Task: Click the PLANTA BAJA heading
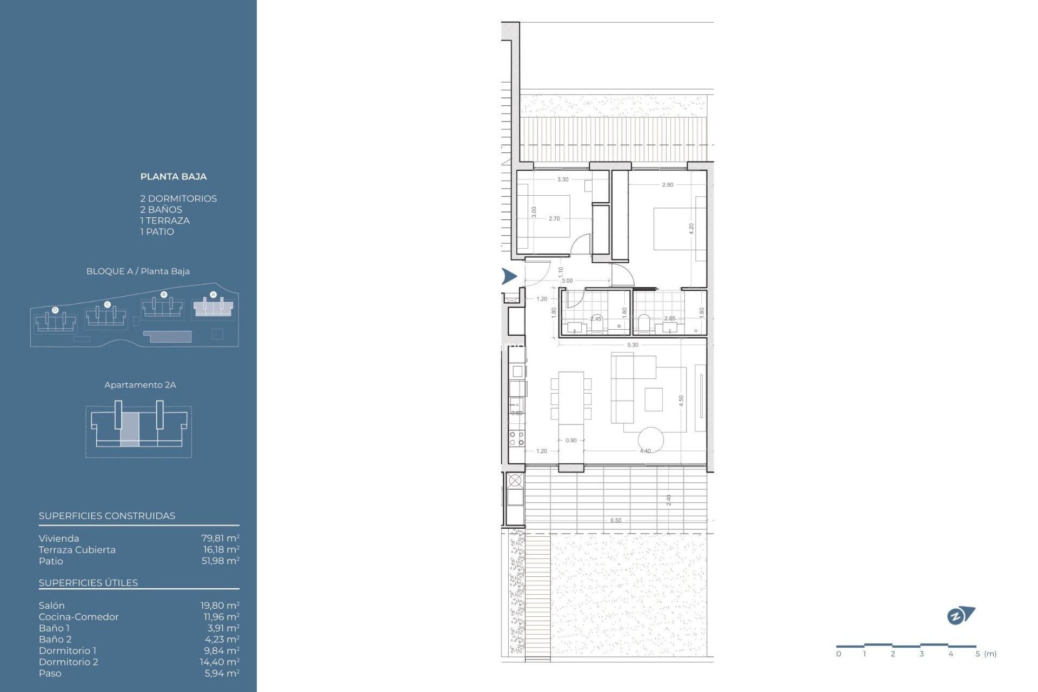click(x=173, y=176)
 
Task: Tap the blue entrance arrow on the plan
click(x=509, y=276)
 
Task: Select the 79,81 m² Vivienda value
click(x=220, y=538)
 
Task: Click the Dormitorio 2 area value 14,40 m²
click(x=219, y=662)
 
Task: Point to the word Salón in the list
click(x=51, y=605)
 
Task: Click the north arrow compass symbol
click(x=960, y=615)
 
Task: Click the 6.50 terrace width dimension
click(x=616, y=520)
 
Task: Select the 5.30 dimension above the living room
click(x=633, y=344)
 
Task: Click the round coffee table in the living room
click(x=650, y=440)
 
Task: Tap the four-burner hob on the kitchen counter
click(x=516, y=438)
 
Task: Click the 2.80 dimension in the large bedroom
click(x=668, y=185)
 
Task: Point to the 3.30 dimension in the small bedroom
click(x=562, y=179)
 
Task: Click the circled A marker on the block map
click(x=213, y=295)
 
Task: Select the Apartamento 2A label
click(x=140, y=385)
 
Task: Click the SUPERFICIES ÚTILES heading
click(x=88, y=583)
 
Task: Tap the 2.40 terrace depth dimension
click(x=669, y=500)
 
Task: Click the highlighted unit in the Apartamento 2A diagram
click(x=130, y=429)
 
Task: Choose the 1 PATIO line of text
click(x=157, y=231)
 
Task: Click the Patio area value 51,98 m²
click(x=220, y=561)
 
